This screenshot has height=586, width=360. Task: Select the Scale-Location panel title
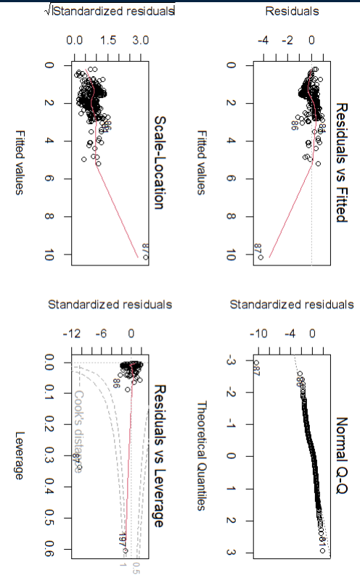pos(157,162)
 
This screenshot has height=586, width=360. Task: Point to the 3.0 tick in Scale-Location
pos(140,42)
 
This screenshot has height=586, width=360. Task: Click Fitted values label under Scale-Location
pos(20,162)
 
